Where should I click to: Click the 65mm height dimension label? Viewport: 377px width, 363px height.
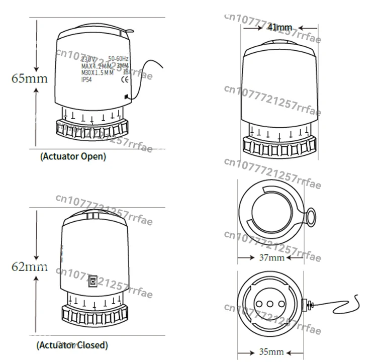point(30,78)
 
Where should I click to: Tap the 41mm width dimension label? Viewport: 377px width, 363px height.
point(279,27)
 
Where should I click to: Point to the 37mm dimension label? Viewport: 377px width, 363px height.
point(271,257)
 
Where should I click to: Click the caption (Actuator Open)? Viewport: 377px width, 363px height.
point(73,156)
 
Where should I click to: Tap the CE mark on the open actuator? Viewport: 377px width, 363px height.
point(125,78)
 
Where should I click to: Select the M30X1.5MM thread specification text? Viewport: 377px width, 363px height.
point(98,72)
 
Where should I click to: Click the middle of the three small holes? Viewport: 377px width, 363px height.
point(270,304)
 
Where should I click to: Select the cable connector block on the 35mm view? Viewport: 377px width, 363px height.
point(307,304)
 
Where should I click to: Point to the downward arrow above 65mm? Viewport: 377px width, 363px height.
point(36,50)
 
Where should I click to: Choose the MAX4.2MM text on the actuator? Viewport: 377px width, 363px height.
point(96,66)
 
